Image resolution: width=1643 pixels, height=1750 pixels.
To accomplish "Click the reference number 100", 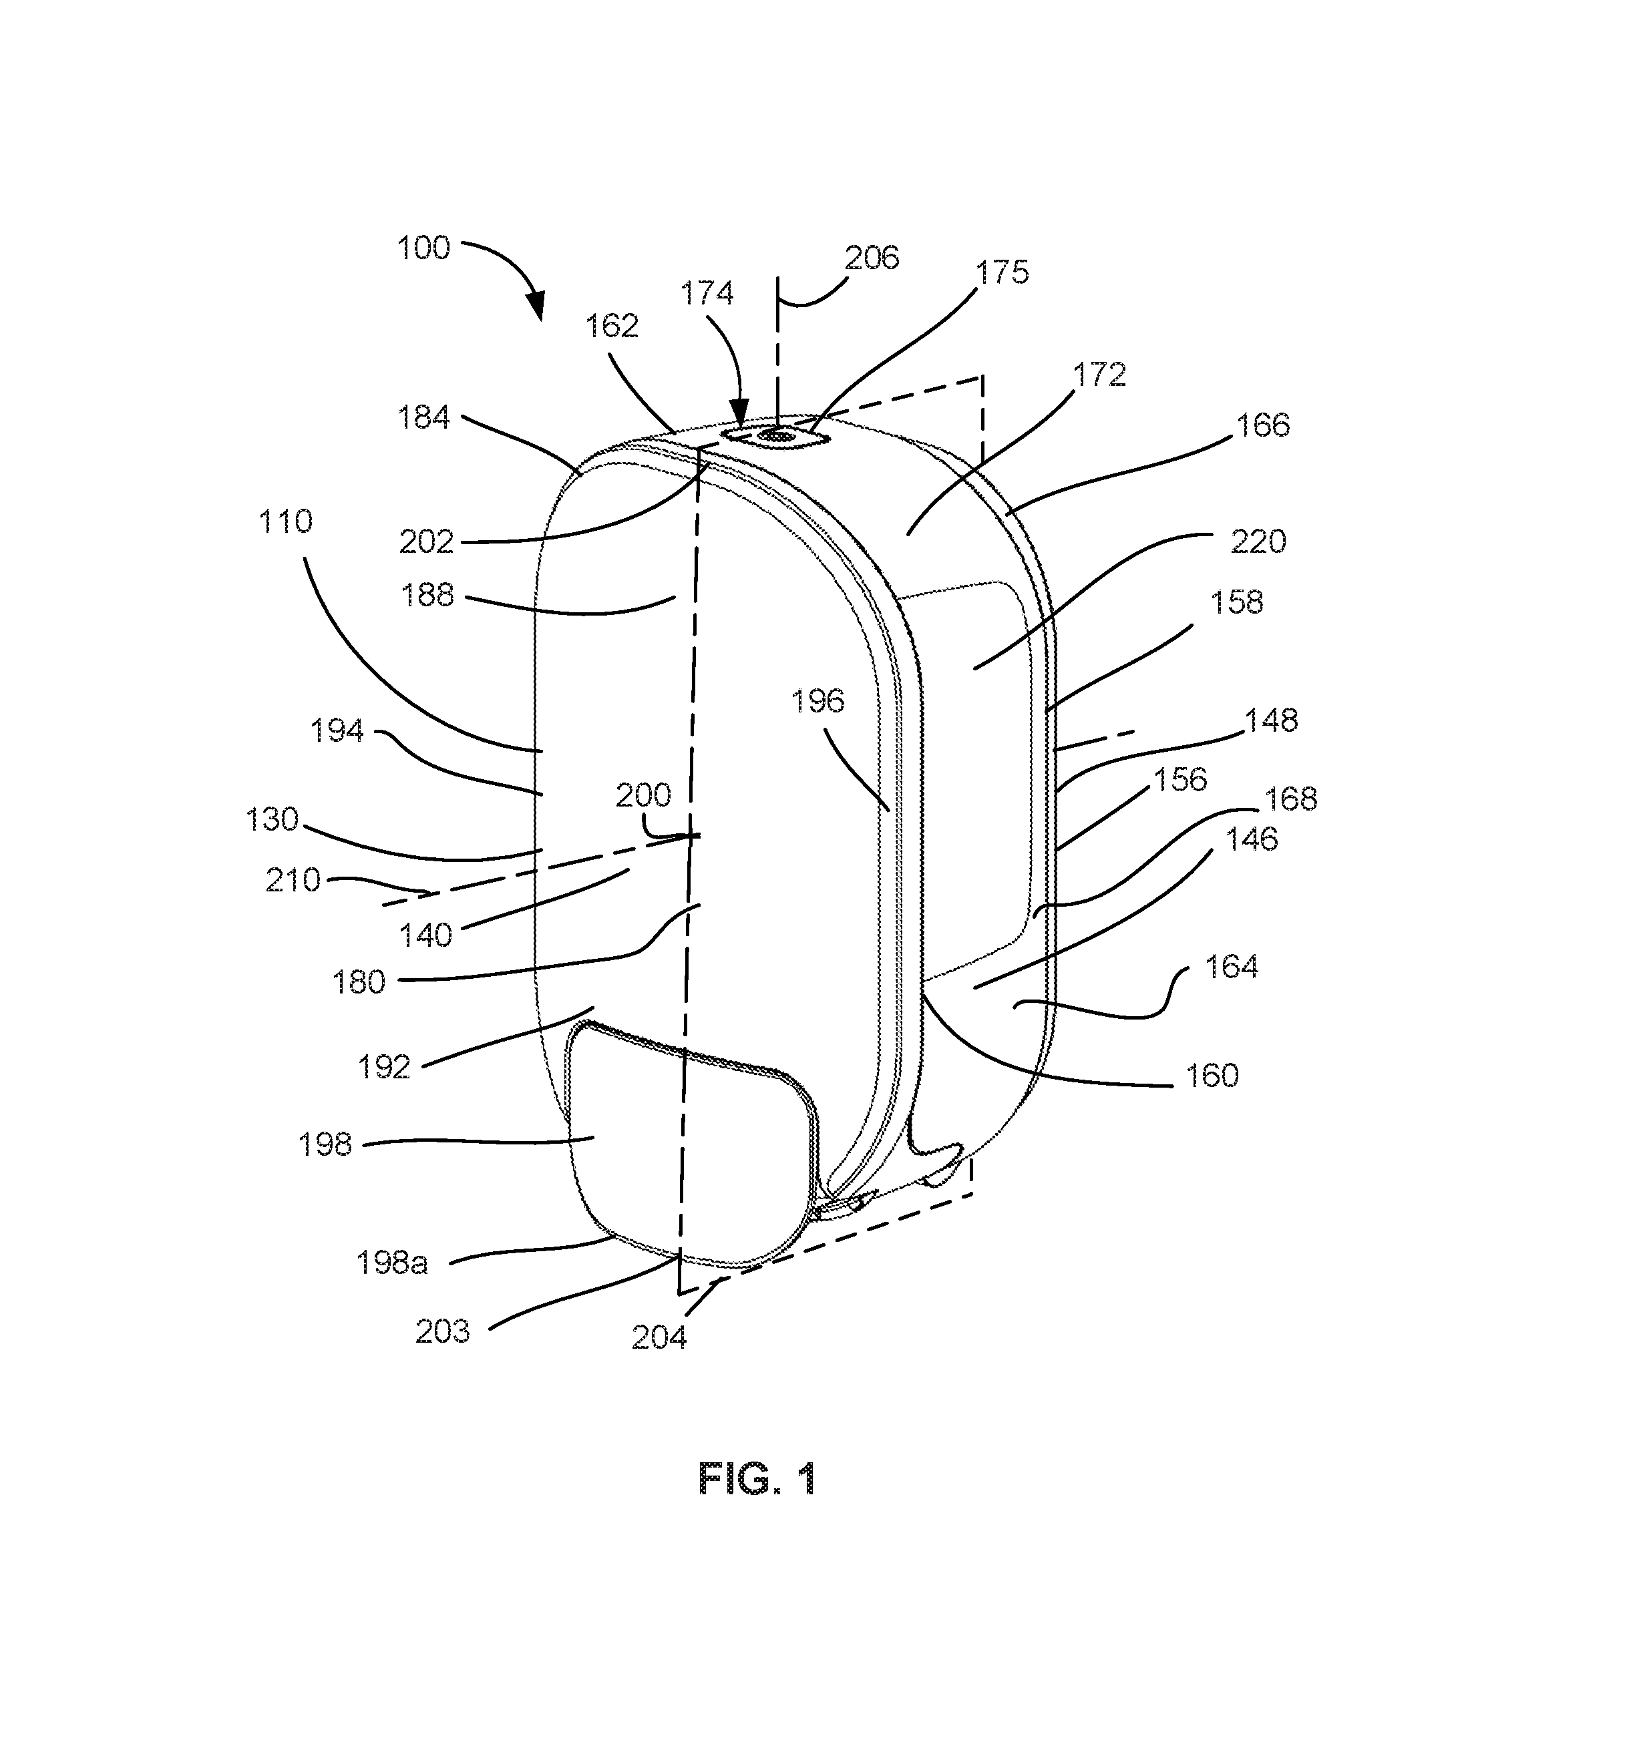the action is point(423,247).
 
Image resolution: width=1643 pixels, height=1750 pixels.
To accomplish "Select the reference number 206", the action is point(872,258).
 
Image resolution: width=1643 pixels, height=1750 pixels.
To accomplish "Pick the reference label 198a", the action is point(392,1263).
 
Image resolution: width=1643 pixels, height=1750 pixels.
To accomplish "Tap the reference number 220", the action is point(1258,541).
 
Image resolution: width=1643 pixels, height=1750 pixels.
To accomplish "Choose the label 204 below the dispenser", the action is point(659,1337).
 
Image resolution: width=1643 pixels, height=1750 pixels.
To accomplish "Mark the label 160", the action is point(1212,1075).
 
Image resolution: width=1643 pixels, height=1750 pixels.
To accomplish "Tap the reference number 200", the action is point(643,795).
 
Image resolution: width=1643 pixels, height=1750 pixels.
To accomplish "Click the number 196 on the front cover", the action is point(817,700).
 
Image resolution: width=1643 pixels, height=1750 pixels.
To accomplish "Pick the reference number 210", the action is point(293,879).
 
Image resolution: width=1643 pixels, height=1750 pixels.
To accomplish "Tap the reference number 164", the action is point(1231,967).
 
